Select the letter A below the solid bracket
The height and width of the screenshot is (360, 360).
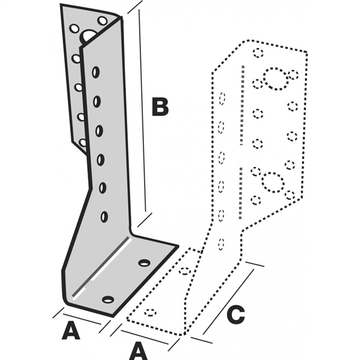pos(71,331)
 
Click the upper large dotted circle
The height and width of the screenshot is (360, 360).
pos(275,78)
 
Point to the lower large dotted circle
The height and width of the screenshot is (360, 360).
pos(272,182)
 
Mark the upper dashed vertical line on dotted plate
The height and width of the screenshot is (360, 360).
pos(241,105)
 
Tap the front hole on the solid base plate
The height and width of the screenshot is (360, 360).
pos(108,299)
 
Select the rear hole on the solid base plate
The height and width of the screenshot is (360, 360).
pos(144,263)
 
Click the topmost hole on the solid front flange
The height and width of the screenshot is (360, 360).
pos(95,73)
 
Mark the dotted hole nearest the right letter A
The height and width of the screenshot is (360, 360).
pos(151,313)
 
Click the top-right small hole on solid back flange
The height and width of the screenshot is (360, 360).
pos(102,22)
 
